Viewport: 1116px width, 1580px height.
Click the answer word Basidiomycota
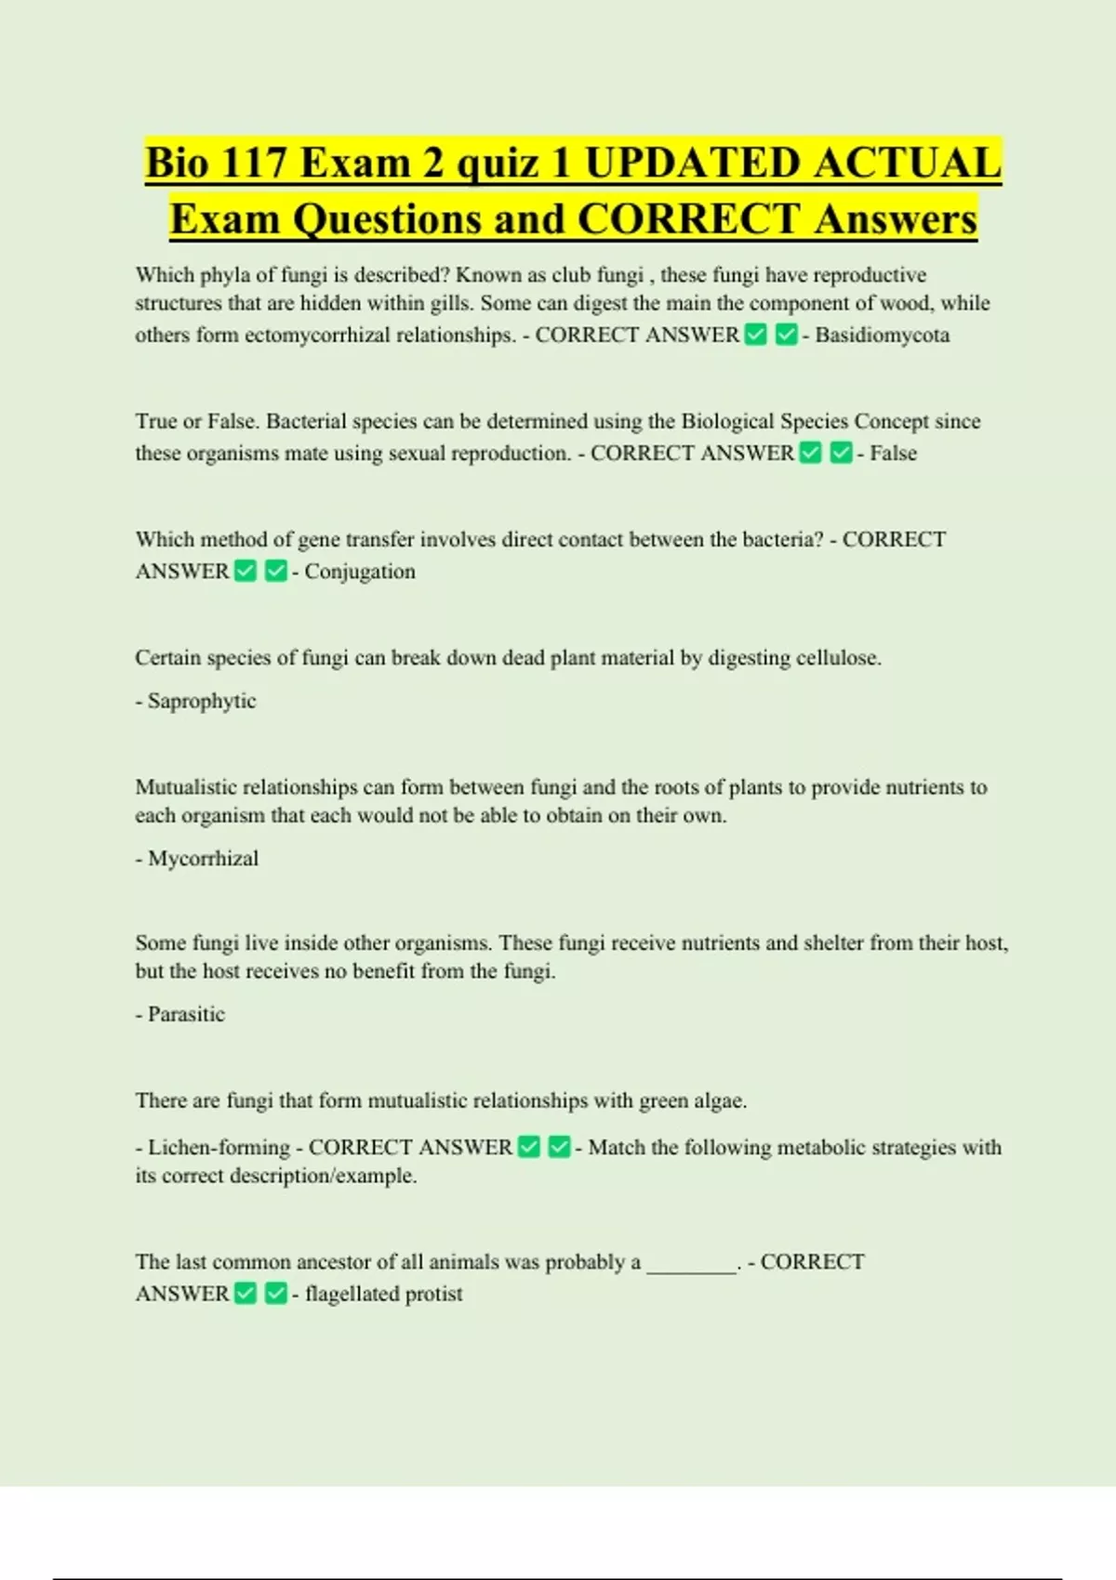point(882,335)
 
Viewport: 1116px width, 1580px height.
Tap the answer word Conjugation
point(360,571)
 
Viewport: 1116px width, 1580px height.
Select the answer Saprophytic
point(201,701)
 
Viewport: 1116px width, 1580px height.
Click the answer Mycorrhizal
point(203,858)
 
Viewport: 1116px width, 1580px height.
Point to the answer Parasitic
point(186,1014)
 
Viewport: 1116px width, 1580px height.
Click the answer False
point(893,453)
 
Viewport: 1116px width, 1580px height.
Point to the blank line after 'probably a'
point(691,1263)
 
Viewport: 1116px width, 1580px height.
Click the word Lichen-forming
point(219,1147)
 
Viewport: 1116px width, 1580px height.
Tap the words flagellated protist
point(383,1294)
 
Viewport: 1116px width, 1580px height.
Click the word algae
point(718,1100)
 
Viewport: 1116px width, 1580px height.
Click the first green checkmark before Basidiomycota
point(756,335)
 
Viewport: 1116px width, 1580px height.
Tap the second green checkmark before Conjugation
point(275,571)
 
